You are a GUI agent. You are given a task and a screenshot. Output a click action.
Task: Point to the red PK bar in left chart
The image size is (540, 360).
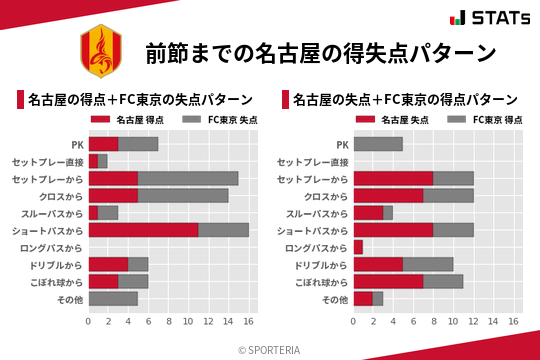(x=103, y=144)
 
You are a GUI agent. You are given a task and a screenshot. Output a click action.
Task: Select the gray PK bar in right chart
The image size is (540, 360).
(x=378, y=144)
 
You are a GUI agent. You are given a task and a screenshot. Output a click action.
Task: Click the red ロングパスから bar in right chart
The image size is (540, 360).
(x=358, y=247)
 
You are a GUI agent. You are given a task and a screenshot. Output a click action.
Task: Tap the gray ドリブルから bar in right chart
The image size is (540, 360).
(x=428, y=264)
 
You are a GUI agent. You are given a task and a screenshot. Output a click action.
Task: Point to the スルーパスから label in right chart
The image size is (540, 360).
(x=316, y=213)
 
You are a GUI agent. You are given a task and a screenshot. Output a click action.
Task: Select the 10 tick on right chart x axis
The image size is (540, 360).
(x=454, y=322)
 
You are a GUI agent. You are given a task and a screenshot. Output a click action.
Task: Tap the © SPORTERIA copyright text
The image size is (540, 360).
(x=270, y=349)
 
